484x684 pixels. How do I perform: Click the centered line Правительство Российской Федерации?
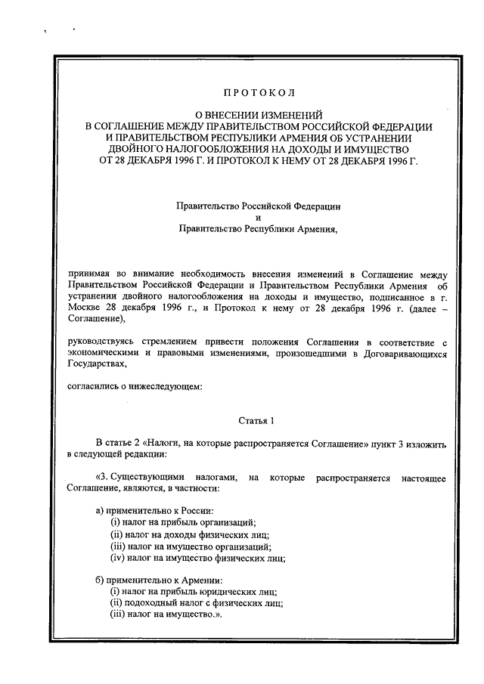click(258, 205)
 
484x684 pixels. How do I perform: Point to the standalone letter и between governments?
click(258, 216)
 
